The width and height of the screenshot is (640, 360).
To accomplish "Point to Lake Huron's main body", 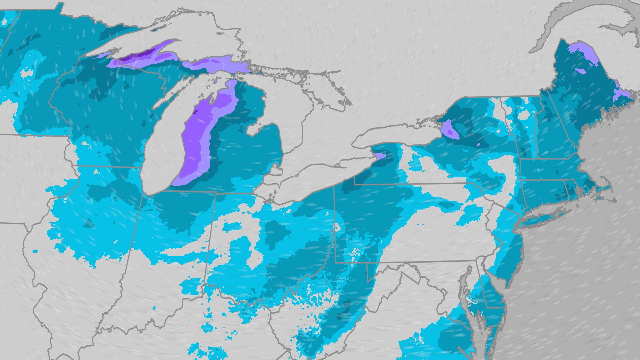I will click(x=293, y=110).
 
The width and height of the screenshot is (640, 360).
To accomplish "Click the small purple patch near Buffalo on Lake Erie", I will click(x=379, y=156).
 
